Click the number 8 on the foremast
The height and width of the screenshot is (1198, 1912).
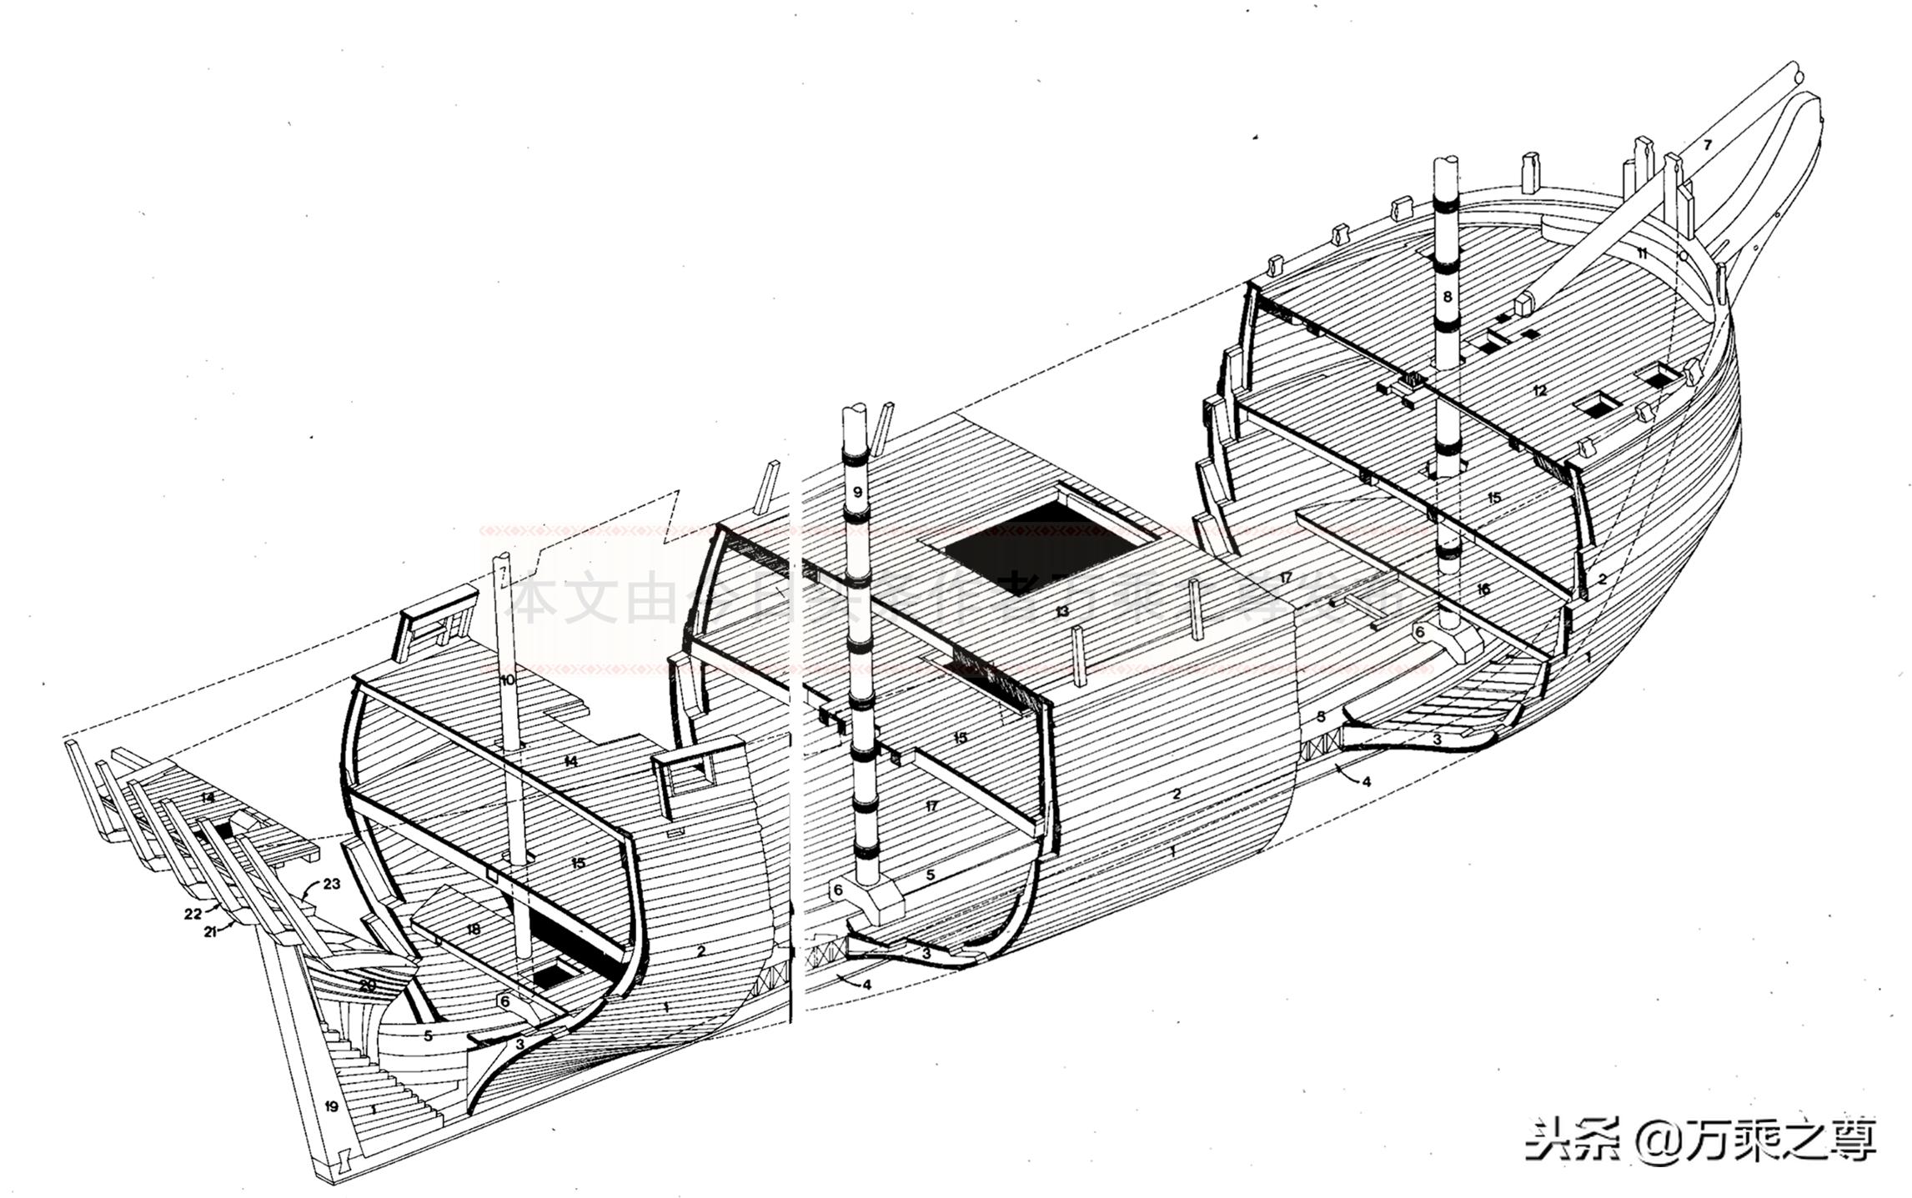click(x=1447, y=296)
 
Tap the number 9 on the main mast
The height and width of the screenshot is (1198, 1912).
click(x=857, y=492)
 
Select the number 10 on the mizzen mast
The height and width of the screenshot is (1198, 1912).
click(x=508, y=680)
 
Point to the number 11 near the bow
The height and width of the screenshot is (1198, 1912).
click(x=1641, y=253)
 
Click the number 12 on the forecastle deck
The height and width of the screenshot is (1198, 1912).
click(x=1539, y=390)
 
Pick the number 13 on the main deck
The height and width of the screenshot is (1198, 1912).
click(x=1061, y=611)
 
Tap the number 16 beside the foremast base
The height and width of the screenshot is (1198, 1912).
click(x=1482, y=589)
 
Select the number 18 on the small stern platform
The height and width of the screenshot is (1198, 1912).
click(x=474, y=929)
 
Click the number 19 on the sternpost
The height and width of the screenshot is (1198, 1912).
click(x=331, y=1107)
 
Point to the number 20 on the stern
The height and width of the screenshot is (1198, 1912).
click(x=368, y=985)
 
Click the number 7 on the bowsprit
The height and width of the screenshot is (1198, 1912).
click(x=1707, y=145)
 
